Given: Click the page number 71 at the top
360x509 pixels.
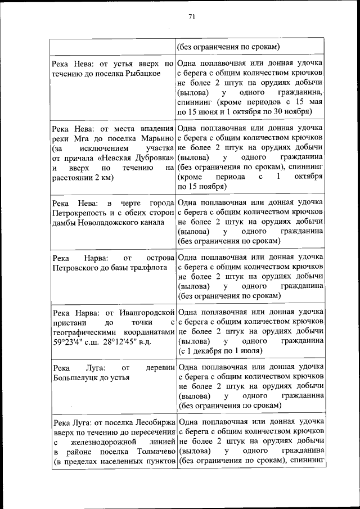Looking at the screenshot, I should pos(191,17).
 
